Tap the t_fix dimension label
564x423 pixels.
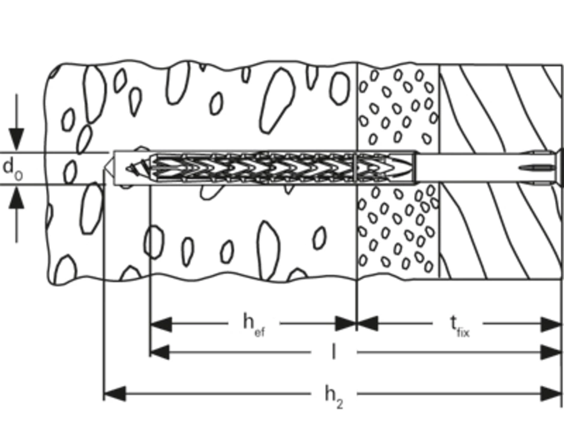[460, 325]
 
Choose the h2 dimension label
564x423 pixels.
[334, 395]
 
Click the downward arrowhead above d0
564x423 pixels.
[17, 139]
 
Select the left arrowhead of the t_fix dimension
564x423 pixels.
[368, 325]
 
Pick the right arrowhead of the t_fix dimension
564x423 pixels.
[551, 325]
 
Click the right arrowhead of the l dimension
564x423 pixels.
[551, 352]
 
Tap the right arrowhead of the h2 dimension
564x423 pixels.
[551, 394]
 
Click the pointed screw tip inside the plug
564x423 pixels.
[131, 169]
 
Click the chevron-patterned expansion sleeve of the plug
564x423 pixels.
[252, 166]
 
